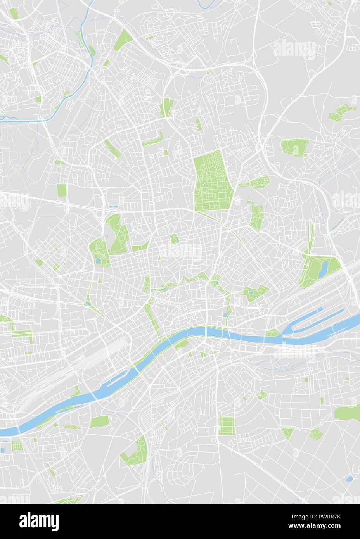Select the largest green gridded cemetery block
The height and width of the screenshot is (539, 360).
[214, 180]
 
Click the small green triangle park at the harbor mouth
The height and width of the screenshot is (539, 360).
[273, 333]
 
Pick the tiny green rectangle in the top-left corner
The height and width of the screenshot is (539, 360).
[14, 14]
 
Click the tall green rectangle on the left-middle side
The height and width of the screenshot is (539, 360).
[62, 190]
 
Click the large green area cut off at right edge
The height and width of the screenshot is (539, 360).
[347, 413]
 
